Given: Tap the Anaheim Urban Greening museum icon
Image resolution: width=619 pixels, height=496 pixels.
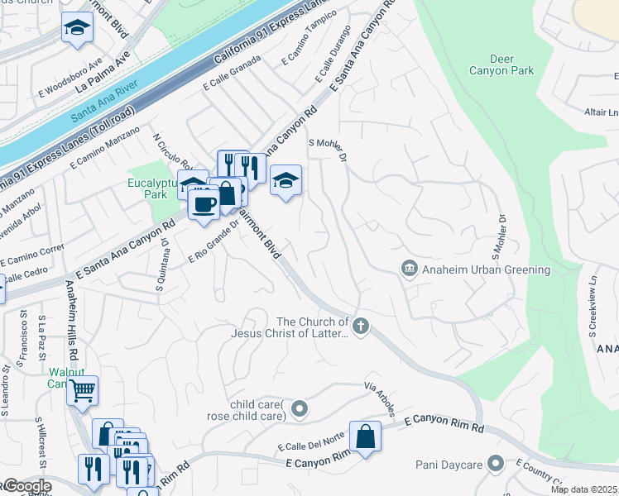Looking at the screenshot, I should point(408,269).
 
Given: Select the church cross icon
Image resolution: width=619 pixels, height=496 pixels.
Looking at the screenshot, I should point(359,327).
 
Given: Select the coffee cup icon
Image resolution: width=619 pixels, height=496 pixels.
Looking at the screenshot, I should point(204,203).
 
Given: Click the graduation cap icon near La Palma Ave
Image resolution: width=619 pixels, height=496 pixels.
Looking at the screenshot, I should point(77,29).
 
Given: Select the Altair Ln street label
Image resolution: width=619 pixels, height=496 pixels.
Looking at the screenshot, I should point(601,112).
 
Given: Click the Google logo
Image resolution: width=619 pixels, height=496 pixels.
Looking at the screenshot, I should point(26,486).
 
